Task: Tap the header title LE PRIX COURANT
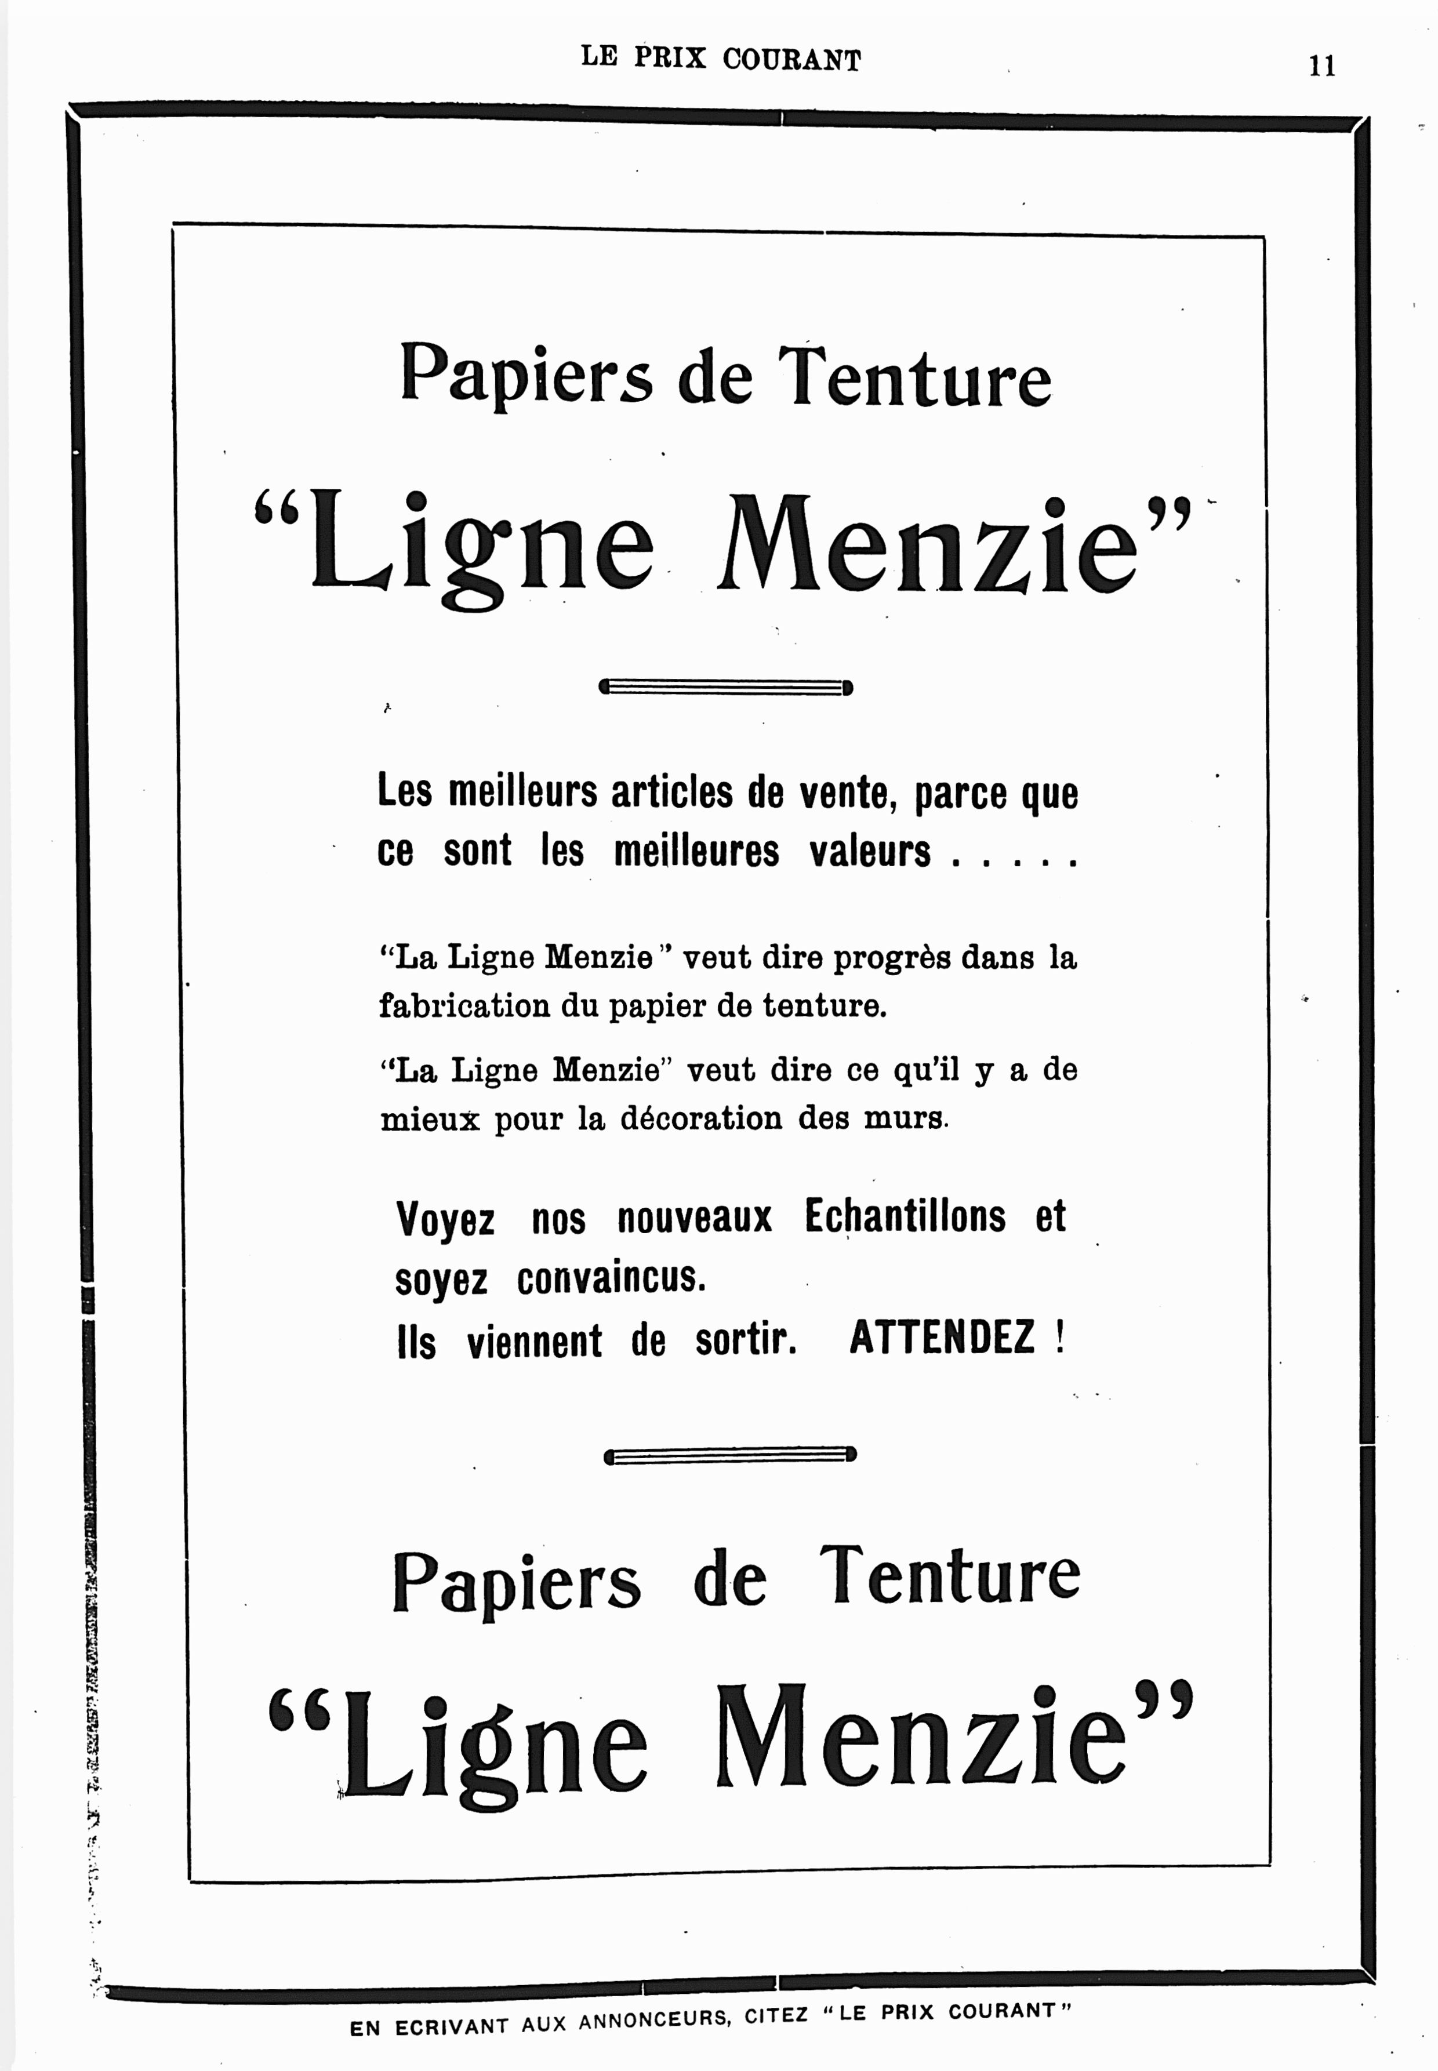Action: point(721,59)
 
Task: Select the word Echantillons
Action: point(905,1216)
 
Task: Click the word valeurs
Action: point(869,851)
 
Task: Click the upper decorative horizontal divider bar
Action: point(725,687)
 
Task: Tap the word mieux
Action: point(430,1120)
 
